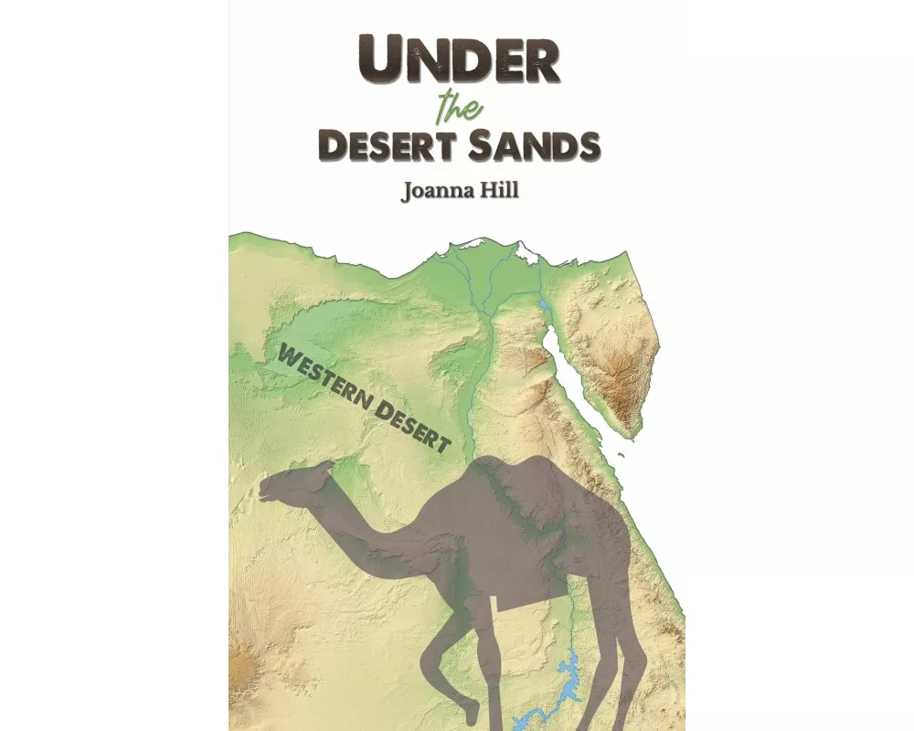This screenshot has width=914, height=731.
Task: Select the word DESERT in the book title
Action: click(x=388, y=146)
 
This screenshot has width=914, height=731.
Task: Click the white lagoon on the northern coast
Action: click(x=526, y=251)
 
